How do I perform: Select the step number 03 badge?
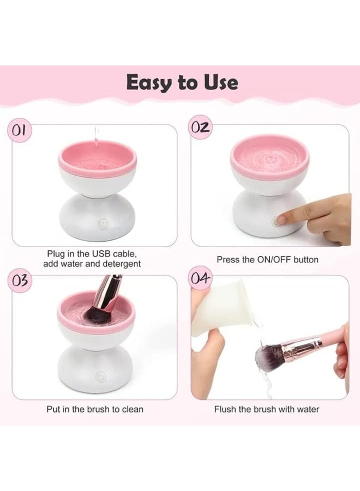click(20, 280)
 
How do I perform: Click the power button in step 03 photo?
click(100, 376)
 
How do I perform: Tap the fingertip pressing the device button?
click(281, 219)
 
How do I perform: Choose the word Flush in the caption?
click(225, 409)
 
